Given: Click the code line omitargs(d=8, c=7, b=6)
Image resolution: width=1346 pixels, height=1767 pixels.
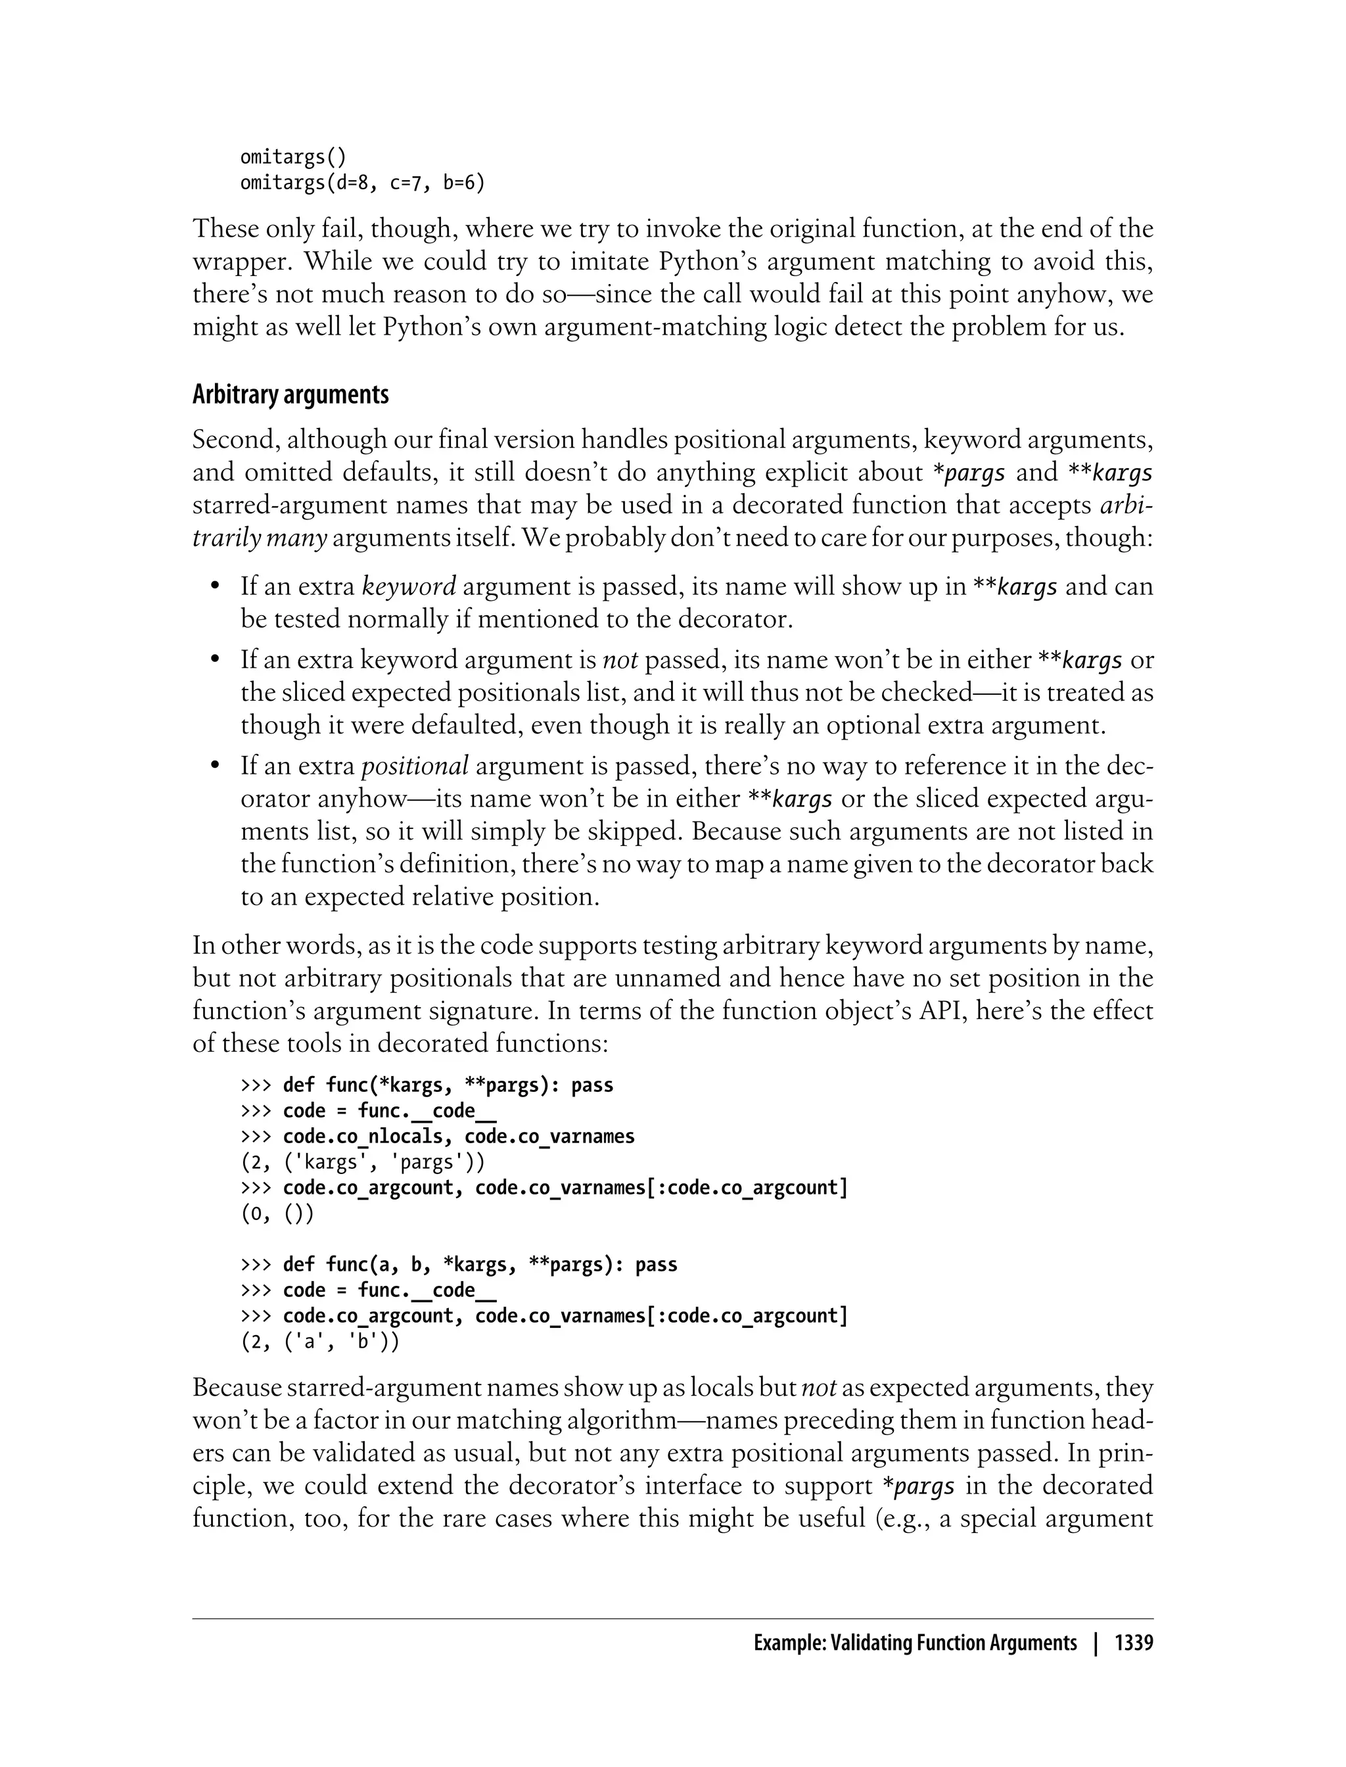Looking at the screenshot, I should coord(362,183).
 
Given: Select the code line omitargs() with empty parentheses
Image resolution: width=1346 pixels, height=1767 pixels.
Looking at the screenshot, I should coord(293,157).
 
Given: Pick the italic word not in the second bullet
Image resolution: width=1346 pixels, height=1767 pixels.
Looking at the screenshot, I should coord(619,660).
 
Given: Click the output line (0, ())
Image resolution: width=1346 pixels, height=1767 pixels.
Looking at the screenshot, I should coord(277,1213).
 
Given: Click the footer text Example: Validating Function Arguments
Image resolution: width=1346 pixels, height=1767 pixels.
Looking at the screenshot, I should coord(915,1643).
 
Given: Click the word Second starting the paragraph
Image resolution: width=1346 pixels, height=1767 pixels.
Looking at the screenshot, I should coord(233,440).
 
